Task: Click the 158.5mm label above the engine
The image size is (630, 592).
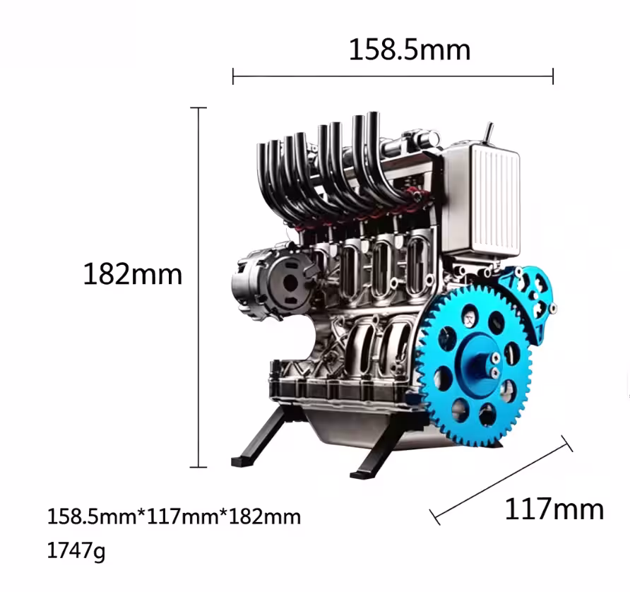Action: point(410,50)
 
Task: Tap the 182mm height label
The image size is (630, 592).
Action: point(133,274)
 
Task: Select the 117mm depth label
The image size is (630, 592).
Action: point(554,509)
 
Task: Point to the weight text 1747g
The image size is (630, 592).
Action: point(76,550)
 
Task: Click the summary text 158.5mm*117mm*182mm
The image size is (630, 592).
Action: point(174,516)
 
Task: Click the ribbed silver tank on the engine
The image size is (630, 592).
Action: point(482,201)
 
